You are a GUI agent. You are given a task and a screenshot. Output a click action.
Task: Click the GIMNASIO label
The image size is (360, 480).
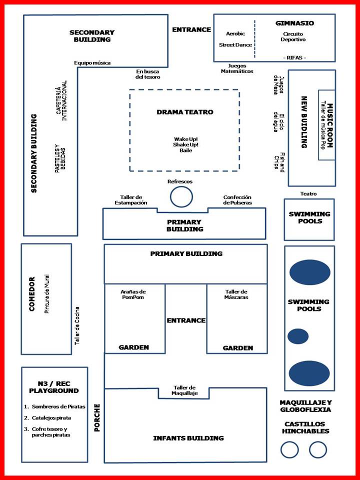(294, 23)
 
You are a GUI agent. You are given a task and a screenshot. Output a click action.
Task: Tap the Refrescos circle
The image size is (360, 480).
(181, 196)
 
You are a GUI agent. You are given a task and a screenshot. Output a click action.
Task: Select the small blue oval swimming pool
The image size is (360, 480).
(298, 336)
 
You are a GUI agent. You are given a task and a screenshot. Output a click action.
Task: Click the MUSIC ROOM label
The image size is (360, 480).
(330, 125)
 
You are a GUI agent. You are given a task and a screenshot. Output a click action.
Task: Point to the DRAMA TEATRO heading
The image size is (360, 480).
(184, 112)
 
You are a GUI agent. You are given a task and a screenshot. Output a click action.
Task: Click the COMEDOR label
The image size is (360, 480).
(32, 294)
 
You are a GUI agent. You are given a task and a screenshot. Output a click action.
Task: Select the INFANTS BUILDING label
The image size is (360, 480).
(188, 438)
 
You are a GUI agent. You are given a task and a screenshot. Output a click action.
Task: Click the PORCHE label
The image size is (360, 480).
(97, 416)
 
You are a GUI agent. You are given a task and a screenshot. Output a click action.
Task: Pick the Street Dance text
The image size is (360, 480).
(235, 45)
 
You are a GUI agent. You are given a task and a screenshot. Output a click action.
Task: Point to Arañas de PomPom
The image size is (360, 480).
(133, 294)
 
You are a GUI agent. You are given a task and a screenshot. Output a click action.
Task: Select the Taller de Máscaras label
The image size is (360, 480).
(236, 294)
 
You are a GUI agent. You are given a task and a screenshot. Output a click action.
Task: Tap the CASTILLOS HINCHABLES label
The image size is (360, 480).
(305, 427)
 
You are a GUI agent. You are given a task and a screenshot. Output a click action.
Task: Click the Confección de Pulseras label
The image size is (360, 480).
(237, 199)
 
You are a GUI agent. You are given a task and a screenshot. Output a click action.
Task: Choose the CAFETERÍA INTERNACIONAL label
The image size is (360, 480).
(61, 98)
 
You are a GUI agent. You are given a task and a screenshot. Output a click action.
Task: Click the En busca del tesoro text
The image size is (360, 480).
(147, 74)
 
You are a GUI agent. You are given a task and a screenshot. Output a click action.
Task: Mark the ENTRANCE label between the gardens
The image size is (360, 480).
(185, 320)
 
